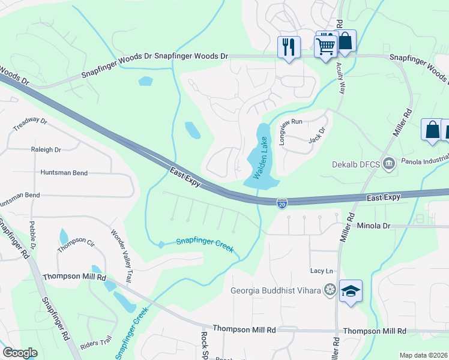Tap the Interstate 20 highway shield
point(282,204)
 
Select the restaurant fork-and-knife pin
point(289,47)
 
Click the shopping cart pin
point(325,45)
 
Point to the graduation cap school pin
point(351,292)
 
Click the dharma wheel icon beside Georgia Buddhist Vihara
point(329,291)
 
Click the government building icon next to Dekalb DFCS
point(389,163)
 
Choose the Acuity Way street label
point(342,80)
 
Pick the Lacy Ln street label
point(321,271)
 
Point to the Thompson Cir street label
point(76,244)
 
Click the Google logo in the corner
point(20,353)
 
